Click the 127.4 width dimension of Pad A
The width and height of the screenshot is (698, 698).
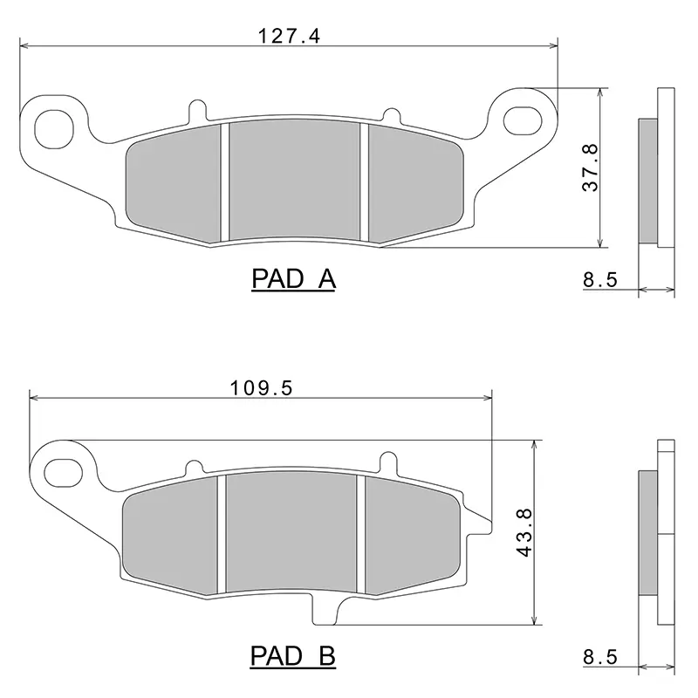[x=289, y=36]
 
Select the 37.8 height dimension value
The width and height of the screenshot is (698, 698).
[x=591, y=168]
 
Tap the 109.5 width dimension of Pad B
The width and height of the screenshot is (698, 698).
[x=261, y=388]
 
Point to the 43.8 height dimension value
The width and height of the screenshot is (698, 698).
[x=524, y=532]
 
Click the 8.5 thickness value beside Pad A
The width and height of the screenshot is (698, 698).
[x=600, y=280]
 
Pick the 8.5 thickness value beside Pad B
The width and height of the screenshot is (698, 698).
[x=600, y=657]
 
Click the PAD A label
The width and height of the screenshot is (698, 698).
[x=293, y=279]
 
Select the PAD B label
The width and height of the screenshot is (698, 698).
[x=293, y=656]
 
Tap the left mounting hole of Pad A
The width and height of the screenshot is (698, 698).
[x=54, y=129]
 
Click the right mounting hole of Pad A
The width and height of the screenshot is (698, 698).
[x=523, y=120]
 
